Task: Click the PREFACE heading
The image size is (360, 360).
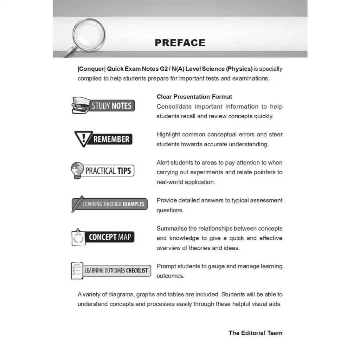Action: (x=180, y=43)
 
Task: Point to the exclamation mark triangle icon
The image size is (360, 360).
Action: (x=83, y=138)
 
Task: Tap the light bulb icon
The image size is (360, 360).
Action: (x=77, y=170)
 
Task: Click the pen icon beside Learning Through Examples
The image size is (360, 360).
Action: (x=77, y=204)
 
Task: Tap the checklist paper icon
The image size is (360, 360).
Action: (x=77, y=271)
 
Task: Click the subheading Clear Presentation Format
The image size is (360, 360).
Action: (x=194, y=97)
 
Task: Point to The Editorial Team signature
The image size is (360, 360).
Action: (x=255, y=333)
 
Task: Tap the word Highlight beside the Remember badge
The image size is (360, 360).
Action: (x=168, y=134)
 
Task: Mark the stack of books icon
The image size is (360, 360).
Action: (x=80, y=106)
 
